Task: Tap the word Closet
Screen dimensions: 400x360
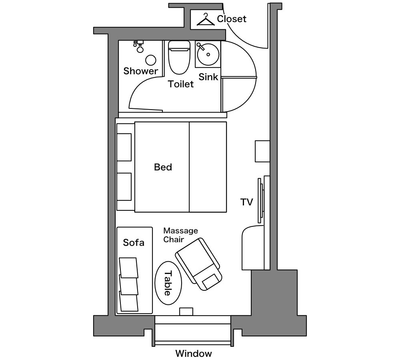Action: (x=232, y=19)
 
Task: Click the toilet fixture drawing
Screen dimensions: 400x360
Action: (x=179, y=58)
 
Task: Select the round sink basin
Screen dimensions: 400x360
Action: (x=208, y=54)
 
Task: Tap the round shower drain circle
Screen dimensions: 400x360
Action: (x=151, y=60)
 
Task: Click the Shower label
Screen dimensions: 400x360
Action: (x=141, y=71)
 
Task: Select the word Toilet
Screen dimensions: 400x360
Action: (x=181, y=84)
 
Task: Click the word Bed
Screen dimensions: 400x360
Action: (x=163, y=167)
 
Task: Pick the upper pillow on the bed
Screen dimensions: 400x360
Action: (x=124, y=147)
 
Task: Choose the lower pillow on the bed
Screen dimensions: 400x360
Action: (x=124, y=187)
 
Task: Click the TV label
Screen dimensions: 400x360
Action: (x=247, y=202)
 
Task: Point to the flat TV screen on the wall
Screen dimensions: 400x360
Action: (x=260, y=200)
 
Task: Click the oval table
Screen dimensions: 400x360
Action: (x=168, y=283)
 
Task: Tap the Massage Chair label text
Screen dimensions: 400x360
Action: (x=181, y=235)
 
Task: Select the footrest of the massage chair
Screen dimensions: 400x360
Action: (x=211, y=281)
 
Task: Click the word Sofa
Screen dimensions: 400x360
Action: (x=134, y=242)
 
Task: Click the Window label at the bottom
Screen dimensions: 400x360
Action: (x=194, y=353)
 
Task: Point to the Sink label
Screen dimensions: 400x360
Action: (x=208, y=77)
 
